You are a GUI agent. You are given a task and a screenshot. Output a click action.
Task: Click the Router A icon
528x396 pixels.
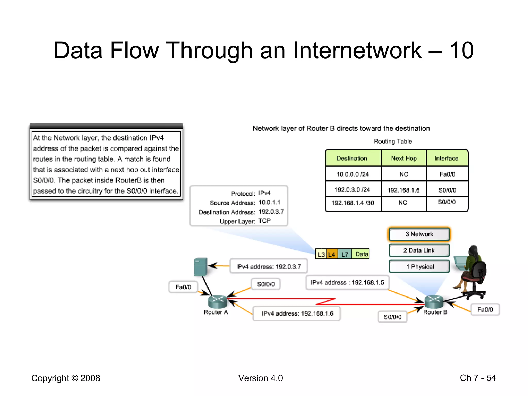217,301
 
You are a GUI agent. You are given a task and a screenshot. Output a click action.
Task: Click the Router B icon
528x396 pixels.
434,301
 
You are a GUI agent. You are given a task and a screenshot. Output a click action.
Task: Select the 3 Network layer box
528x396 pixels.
419,234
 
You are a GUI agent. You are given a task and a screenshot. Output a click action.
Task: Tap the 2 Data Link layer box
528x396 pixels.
419,250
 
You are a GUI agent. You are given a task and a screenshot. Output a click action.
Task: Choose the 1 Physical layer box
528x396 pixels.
419,267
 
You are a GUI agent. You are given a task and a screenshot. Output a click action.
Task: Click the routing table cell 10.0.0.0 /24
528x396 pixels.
353,174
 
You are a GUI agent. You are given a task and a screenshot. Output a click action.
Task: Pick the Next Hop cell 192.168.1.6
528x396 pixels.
403,190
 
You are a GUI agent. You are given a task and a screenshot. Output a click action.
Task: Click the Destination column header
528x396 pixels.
352,158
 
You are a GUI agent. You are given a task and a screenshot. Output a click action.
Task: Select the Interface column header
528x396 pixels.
446,158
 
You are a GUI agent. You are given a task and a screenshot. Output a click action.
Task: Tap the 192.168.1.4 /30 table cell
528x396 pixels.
353,203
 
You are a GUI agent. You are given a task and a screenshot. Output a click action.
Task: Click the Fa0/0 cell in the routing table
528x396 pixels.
447,174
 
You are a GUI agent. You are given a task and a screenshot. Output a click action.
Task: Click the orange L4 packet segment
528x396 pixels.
332,254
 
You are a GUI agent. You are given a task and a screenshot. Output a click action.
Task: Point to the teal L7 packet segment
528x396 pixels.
345,254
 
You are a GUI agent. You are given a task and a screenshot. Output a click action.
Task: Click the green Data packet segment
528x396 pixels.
361,254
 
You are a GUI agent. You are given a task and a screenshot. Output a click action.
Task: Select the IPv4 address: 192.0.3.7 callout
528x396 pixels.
268,266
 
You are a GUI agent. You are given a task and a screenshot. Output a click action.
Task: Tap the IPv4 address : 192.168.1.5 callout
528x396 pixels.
347,283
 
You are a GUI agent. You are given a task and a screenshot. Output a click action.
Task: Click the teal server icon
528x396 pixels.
201,267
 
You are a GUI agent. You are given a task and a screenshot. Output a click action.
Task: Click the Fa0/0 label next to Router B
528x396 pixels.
485,310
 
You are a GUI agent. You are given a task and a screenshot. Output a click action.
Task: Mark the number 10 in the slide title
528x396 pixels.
461,50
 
